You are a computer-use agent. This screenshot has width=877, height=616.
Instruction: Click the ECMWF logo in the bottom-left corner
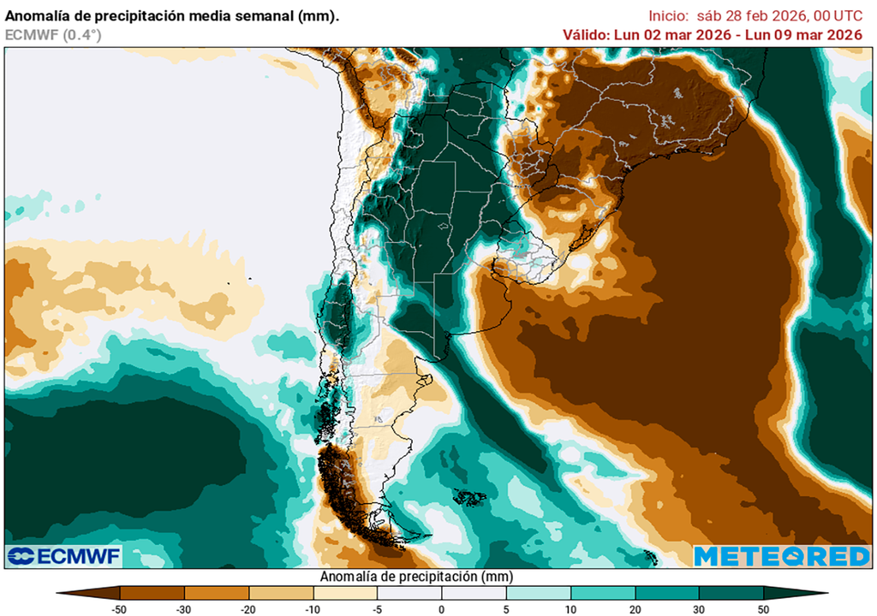[x=63, y=556]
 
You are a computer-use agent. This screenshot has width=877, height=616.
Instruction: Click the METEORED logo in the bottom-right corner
[x=781, y=556]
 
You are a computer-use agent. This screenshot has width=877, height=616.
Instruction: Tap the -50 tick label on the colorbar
[x=120, y=609]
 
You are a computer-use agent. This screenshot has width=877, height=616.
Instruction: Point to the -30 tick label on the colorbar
[x=184, y=609]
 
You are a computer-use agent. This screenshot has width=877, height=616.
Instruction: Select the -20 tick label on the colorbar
[x=248, y=609]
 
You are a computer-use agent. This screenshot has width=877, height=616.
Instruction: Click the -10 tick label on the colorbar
[x=313, y=609]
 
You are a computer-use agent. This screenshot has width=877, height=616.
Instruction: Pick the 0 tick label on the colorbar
[x=441, y=609]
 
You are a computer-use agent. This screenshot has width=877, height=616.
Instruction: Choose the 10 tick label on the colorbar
[x=570, y=609]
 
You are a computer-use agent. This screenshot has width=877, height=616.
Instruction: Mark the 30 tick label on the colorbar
[x=699, y=609]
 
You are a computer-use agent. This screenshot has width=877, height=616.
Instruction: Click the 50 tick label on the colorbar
[x=763, y=609]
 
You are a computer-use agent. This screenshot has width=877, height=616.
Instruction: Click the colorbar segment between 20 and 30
[x=666, y=592]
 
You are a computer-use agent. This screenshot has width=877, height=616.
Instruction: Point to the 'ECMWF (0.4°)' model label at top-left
[x=53, y=34]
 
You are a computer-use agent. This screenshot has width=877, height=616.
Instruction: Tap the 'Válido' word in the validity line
[x=586, y=34]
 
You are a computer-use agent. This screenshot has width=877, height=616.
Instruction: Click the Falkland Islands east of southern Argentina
[x=469, y=496]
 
